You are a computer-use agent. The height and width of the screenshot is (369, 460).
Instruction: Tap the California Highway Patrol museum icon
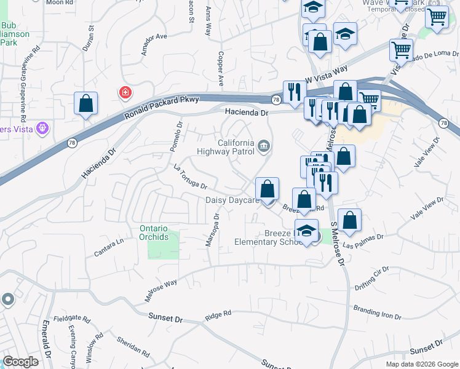click(x=264, y=146)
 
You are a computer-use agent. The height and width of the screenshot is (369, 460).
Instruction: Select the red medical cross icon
click(x=125, y=93)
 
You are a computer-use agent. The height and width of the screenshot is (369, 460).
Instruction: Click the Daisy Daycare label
click(x=231, y=200)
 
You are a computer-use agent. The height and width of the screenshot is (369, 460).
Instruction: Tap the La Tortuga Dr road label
click(x=190, y=177)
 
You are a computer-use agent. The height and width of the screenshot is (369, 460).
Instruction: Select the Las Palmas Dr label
click(x=363, y=241)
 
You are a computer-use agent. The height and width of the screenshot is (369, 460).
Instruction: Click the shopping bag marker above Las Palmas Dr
click(x=349, y=221)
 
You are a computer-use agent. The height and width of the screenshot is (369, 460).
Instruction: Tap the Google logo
click(x=20, y=362)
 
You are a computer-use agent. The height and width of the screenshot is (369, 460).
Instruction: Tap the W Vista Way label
click(x=326, y=74)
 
